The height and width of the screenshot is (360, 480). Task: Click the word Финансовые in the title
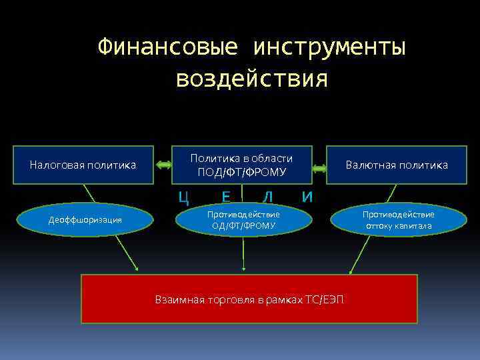pos(167,48)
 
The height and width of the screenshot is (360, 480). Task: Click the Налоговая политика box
pos(83,165)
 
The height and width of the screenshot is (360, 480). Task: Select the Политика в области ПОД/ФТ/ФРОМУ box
pos(242,165)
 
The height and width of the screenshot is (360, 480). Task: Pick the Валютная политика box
pos(397,165)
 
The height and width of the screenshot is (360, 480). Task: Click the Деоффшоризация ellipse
pos(85,220)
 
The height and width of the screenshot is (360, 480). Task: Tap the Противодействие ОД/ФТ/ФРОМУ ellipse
pos(243,220)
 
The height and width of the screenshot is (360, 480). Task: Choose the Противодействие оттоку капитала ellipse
pos(398,220)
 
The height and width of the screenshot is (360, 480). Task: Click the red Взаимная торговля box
pos(249,299)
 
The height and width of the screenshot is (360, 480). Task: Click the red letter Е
pos(227,197)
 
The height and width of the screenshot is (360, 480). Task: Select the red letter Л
pos(267,197)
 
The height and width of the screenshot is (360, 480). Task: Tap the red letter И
pos(307,197)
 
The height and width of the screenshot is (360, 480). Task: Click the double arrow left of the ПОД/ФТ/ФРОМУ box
pos(163,165)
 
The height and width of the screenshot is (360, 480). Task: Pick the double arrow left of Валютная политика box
pos(319,169)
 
